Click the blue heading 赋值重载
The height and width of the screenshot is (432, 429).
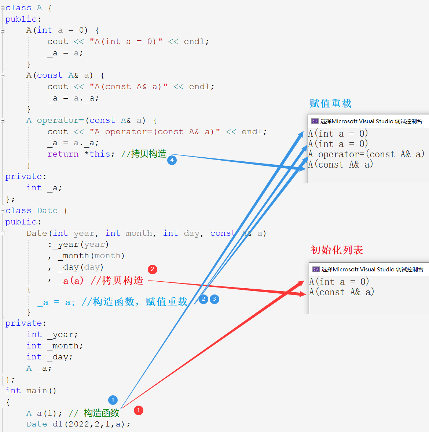[330, 103]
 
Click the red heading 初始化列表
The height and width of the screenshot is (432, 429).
[337, 250]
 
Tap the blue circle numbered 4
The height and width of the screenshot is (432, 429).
[172, 160]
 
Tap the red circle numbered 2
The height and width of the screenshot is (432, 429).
[153, 270]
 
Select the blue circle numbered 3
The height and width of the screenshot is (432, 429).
[214, 299]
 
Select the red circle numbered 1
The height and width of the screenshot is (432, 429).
[139, 410]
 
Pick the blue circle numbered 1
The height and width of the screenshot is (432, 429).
[113, 400]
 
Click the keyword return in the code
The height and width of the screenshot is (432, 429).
[63, 154]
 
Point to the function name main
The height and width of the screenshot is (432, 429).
[37, 391]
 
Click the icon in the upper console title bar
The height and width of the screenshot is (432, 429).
[315, 121]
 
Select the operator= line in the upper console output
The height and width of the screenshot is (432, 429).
[366, 154]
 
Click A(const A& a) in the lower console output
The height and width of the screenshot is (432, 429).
[341, 292]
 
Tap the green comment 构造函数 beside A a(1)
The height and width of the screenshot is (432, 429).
[102, 413]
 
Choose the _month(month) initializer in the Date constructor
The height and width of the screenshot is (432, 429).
[91, 256]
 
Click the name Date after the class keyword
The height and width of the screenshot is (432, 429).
[47, 210]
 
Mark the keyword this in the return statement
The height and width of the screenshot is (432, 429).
[100, 154]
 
